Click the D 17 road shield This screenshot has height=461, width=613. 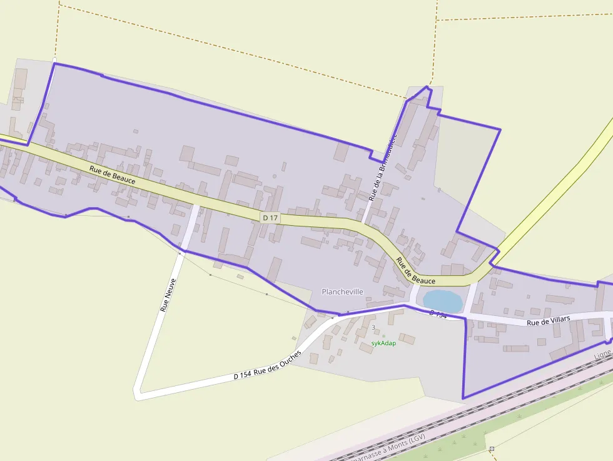tap(270, 217)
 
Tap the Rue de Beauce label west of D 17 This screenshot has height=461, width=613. tap(113, 175)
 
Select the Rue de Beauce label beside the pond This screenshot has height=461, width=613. tap(415, 270)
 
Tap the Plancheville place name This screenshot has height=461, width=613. tap(342, 291)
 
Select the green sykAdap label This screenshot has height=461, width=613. tap(383, 343)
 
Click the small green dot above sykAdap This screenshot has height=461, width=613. tap(384, 336)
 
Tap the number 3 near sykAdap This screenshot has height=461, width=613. tap(373, 327)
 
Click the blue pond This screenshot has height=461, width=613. tap(443, 300)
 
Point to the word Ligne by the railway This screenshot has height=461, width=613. tap(602, 355)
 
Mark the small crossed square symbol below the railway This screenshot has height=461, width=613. tap(492, 448)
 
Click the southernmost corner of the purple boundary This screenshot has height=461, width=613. tap(464, 398)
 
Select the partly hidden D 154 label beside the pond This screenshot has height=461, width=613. tap(438, 313)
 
